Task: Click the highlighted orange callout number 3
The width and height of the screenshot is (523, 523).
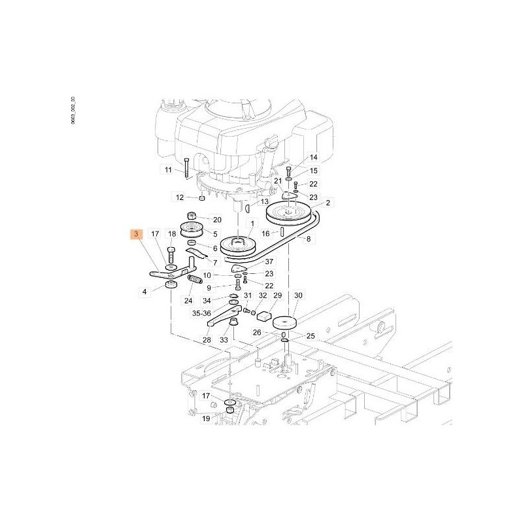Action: (x=136, y=234)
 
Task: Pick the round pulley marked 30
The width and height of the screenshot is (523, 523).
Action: (x=285, y=324)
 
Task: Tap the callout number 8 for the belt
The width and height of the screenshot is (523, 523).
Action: (x=308, y=239)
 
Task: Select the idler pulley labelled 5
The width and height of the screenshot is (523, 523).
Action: (x=194, y=231)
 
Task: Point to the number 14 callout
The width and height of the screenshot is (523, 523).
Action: (x=313, y=158)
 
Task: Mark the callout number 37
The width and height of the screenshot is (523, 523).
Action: (x=269, y=261)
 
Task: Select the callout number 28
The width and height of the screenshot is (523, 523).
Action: (x=207, y=339)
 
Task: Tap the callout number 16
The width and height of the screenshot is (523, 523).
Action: (x=266, y=233)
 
